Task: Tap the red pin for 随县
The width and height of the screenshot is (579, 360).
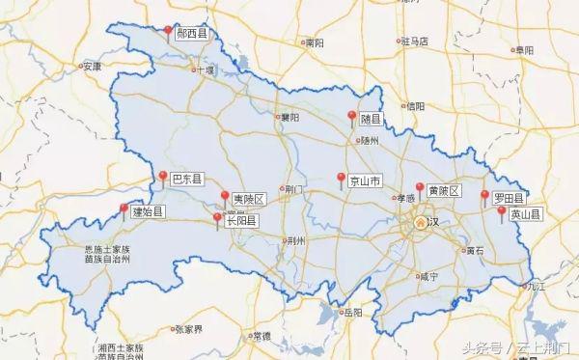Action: pyautogui.click(x=352, y=116)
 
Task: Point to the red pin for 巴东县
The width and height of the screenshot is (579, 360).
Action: pyautogui.click(x=161, y=176)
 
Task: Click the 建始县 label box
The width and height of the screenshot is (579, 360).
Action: pyautogui.click(x=149, y=210)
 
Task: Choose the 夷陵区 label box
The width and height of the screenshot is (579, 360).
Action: pyautogui.click(x=249, y=200)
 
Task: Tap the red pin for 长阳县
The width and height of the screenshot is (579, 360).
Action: pyautogui.click(x=217, y=219)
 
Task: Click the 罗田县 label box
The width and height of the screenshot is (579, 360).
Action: pyautogui.click(x=509, y=199)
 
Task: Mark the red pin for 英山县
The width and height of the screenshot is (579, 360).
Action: pyautogui.click(x=502, y=211)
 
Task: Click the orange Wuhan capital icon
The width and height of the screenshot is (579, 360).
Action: pyautogui.click(x=420, y=223)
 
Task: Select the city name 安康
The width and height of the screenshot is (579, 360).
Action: pyautogui.click(x=92, y=67)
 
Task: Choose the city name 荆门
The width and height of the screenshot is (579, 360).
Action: pyautogui.click(x=294, y=189)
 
